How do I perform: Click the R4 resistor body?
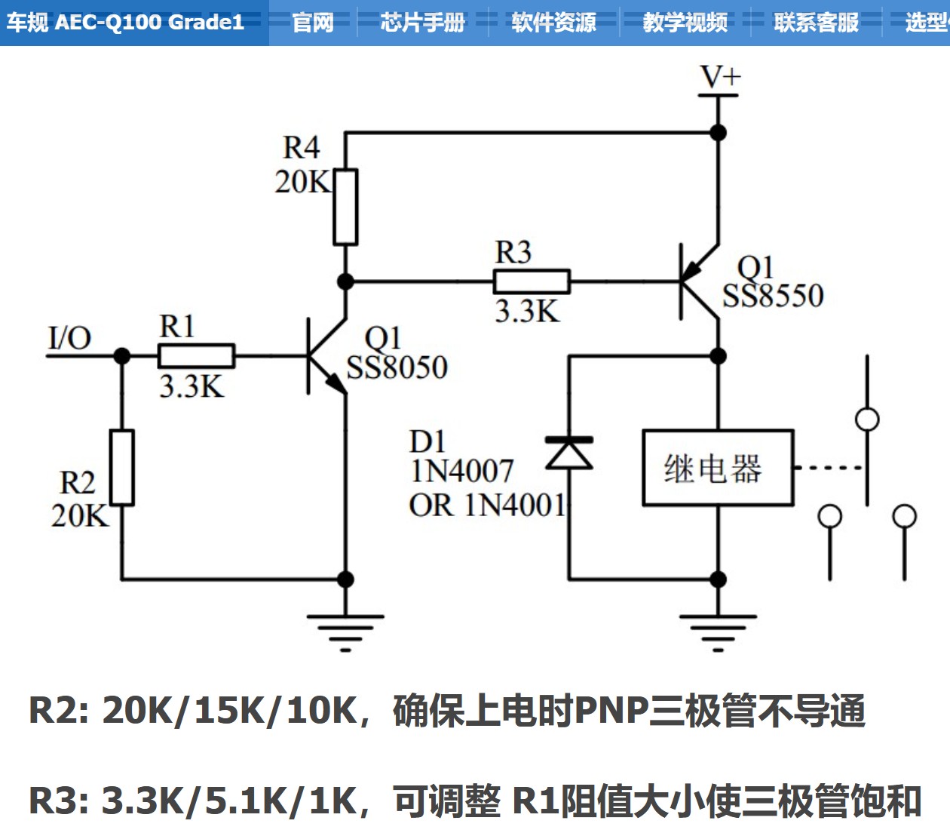tap(345, 207)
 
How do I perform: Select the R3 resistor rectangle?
tap(532, 281)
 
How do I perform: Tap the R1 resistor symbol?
tap(196, 355)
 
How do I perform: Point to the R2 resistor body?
tap(121, 467)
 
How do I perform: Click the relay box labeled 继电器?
tap(717, 468)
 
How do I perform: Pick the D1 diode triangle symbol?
tap(569, 453)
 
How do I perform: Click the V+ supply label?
tap(720, 77)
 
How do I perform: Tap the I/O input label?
tap(69, 337)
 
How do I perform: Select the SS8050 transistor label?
tap(397, 368)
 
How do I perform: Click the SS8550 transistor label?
tap(773, 296)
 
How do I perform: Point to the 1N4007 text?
tap(461, 472)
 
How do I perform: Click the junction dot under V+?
tap(719, 133)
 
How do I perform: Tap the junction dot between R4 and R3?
tap(345, 281)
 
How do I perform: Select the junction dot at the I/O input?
tap(121, 355)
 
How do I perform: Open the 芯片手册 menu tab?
tap(422, 23)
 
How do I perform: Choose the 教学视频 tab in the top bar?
tap(685, 23)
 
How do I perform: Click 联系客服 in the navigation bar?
tap(816, 23)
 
